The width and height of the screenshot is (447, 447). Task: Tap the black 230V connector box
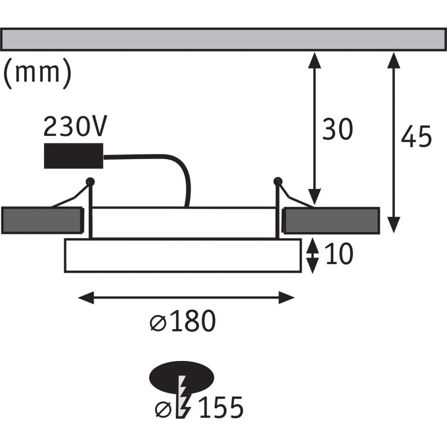(x=73, y=156)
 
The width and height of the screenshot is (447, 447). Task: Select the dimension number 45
(x=417, y=137)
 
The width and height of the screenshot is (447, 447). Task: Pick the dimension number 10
(x=339, y=254)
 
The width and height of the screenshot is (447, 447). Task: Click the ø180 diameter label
(x=182, y=323)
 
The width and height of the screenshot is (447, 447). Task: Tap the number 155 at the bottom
(x=220, y=408)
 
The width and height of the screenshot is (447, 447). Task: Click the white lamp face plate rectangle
(x=182, y=255)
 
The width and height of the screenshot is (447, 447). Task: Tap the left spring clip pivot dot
(x=91, y=181)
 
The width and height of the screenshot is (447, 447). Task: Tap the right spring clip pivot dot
(x=278, y=181)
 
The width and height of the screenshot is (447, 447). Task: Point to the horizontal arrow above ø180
(x=186, y=297)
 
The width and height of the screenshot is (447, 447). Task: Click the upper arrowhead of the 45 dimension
(x=393, y=60)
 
